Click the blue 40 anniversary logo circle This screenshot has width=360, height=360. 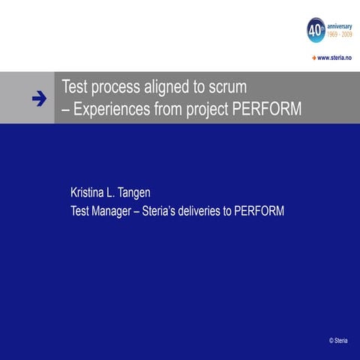[316, 31]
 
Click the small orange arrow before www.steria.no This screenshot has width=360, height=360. [313, 57]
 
